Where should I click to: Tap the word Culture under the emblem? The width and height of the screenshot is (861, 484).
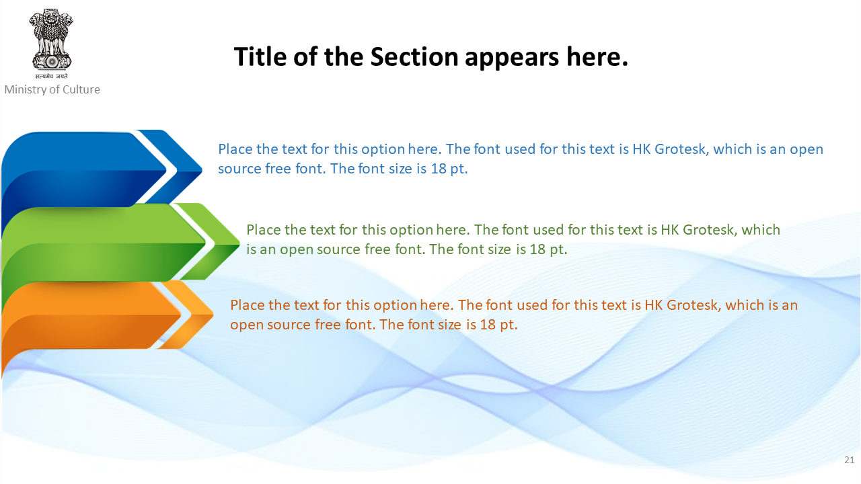pyautogui.click(x=81, y=89)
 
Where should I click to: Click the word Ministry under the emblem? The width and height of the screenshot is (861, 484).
pyautogui.click(x=26, y=90)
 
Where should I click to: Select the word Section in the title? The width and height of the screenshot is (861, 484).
pyautogui.click(x=414, y=57)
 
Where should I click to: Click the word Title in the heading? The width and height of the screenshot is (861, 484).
pyautogui.click(x=260, y=57)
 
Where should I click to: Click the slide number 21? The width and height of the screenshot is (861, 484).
pyautogui.click(x=849, y=460)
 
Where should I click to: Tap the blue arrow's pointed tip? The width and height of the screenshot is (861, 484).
pyautogui.click(x=202, y=169)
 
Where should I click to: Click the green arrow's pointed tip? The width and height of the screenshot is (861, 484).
pyautogui.click(x=239, y=243)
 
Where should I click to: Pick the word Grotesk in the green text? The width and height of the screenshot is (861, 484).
pyautogui.click(x=710, y=230)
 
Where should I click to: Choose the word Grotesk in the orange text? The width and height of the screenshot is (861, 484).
pyautogui.click(x=694, y=305)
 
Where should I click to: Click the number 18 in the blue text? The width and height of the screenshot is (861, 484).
pyautogui.click(x=438, y=169)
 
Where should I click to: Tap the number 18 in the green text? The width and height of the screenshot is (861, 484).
pyautogui.click(x=537, y=249)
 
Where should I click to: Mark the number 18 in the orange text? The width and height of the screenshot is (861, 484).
pyautogui.click(x=488, y=325)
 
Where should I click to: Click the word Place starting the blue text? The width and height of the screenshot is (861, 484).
pyautogui.click(x=235, y=149)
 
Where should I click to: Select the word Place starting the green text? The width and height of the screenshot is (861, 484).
pyautogui.click(x=264, y=230)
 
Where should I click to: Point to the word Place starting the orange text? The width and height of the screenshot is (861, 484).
pyautogui.click(x=248, y=305)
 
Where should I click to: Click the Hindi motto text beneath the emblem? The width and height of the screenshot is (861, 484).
pyautogui.click(x=51, y=76)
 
